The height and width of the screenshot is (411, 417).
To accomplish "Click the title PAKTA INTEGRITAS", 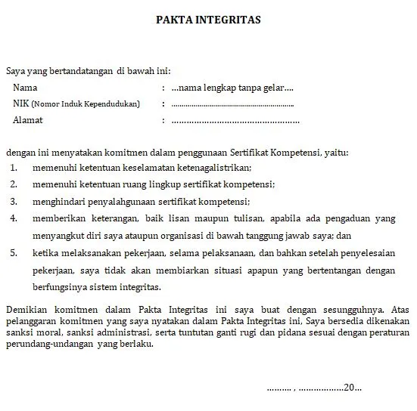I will click(208, 20).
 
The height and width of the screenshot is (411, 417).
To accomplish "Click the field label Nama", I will click(25, 88).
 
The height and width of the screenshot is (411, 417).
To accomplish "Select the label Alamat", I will click(29, 120).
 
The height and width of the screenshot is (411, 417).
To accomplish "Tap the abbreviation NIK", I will click(21, 104).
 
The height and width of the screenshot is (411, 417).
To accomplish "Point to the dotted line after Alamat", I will click(235, 120).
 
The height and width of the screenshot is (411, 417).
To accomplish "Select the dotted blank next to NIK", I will click(232, 104).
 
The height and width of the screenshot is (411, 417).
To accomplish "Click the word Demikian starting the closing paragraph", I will click(26, 310).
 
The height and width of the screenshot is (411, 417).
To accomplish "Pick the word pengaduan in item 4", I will click(348, 218).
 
